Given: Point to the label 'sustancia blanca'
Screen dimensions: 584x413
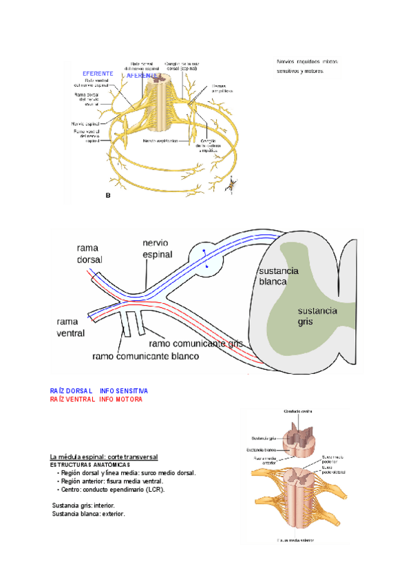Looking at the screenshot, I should pyautogui.click(x=273, y=275).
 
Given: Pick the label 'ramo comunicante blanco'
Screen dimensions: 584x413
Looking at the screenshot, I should pyautogui.click(x=145, y=356).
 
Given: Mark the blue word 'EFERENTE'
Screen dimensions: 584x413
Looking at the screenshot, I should pyautogui.click(x=98, y=73).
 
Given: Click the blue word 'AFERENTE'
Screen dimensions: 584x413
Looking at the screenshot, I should pyautogui.click(x=142, y=75).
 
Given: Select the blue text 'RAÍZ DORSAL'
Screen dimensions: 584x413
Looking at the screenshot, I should pyautogui.click(x=72, y=390).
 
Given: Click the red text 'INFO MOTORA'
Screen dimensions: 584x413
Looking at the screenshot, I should pyautogui.click(x=121, y=399).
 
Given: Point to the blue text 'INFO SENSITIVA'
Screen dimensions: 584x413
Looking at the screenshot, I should pyautogui.click(x=124, y=390).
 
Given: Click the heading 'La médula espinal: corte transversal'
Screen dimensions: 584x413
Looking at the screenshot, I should pyautogui.click(x=104, y=457).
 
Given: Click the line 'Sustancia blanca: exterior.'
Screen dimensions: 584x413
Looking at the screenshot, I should pyautogui.click(x=89, y=514).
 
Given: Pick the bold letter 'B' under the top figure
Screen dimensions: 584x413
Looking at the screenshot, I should pyautogui.click(x=107, y=196).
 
